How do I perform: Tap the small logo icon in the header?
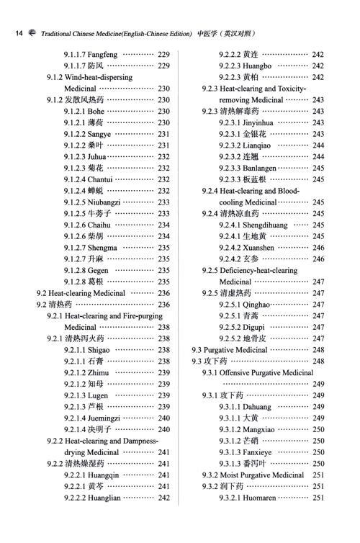(x=32, y=34)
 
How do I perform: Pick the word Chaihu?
(x=101, y=225)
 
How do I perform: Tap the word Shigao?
(x=100, y=349)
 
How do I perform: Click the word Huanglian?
(x=108, y=498)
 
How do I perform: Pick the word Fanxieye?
(x=258, y=452)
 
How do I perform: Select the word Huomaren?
(x=261, y=498)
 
